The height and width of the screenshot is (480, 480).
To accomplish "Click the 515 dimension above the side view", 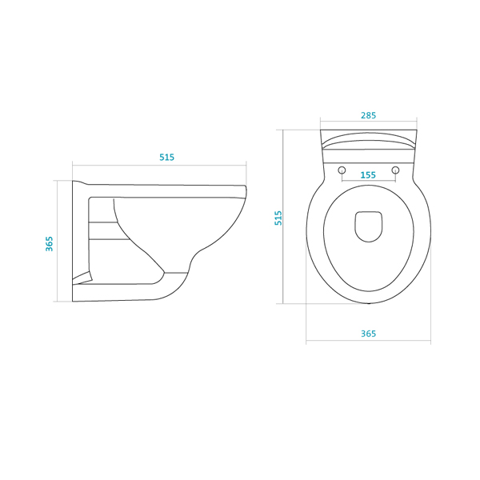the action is (x=166, y=157).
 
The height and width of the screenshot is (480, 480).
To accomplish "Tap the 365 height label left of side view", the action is (x=50, y=244).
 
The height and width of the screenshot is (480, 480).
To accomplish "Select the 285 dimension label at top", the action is (x=368, y=115).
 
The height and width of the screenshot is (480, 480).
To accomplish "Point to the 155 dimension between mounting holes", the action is (x=368, y=175).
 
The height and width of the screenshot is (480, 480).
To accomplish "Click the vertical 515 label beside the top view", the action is (x=278, y=218).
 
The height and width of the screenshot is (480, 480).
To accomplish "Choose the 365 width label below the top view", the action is (x=368, y=334).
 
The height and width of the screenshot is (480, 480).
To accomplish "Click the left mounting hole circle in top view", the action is (x=342, y=170).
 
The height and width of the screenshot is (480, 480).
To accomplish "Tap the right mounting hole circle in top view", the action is (x=395, y=170).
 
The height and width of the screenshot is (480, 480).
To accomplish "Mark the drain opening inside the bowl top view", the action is (x=369, y=226).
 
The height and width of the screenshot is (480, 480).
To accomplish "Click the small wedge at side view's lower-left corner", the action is (x=82, y=278).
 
